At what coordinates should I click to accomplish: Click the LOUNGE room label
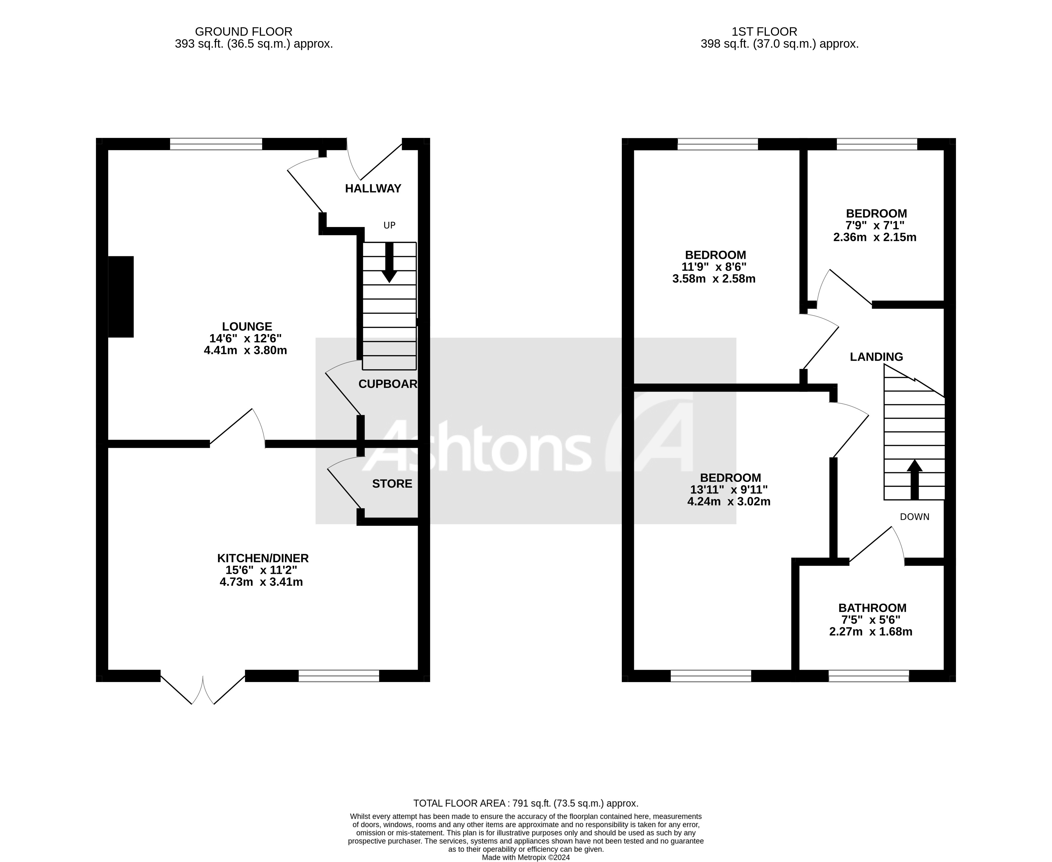(247, 327)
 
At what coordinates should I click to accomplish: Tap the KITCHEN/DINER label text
(263, 558)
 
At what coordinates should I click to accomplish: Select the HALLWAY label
(373, 189)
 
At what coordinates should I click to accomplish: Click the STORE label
(392, 483)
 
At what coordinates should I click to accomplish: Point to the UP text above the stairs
(389, 226)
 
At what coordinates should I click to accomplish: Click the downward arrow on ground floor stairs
(389, 263)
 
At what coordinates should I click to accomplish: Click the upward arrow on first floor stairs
(914, 479)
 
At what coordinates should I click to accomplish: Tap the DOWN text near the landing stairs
(914, 517)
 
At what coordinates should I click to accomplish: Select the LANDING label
(876, 357)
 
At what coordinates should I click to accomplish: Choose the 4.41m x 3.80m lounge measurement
(245, 351)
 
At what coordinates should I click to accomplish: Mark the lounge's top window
(216, 145)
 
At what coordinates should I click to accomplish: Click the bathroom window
(869, 676)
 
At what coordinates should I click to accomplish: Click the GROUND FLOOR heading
(243, 32)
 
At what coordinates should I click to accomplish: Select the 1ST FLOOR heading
(764, 32)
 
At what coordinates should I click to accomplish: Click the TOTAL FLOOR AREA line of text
(526, 804)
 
